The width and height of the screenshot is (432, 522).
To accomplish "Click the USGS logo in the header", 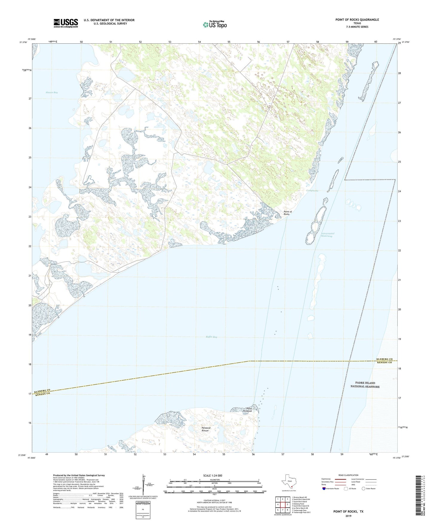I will pos(65,23).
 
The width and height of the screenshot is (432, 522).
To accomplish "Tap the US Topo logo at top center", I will pos(214,25).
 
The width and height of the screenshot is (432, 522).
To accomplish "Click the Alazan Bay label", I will pos(52,92).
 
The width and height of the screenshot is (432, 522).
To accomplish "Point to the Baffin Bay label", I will pos(211,337).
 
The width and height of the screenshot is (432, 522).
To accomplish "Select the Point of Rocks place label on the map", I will pos(287,213).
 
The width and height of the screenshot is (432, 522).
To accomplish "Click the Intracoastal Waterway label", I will pos(327,235).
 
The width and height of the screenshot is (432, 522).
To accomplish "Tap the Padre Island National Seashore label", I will pos(365,384).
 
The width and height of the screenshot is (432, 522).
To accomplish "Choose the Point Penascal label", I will pos(249,410).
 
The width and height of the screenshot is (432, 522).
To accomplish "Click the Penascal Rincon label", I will pos(206,429).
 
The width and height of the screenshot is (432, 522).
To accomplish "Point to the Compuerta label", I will pos(312,190).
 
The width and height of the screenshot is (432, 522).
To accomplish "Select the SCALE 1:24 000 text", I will pos(213,475).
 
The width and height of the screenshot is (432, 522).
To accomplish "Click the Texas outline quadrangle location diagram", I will pos(289,482).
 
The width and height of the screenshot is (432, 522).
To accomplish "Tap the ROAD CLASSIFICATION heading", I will pos(348,475).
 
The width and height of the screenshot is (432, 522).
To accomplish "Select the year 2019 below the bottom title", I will pos(348,516).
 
